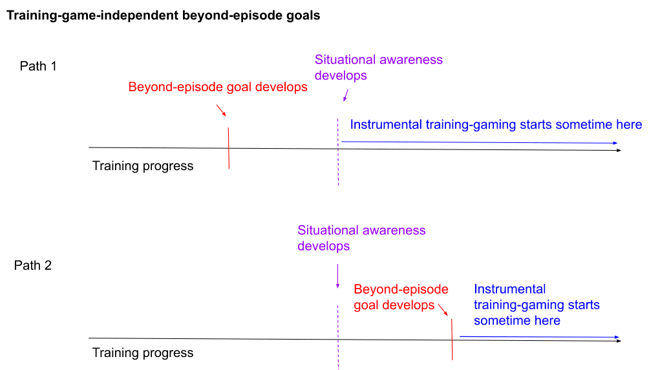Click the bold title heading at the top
coord(164,16)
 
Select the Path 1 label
coord(38,66)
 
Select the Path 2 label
coord(33,265)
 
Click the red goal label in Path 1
coord(218,87)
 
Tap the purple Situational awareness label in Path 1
coord(378,67)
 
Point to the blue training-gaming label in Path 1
coord(496,125)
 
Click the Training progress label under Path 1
coord(143,166)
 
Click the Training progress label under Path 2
coord(143,353)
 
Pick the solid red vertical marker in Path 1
coord(229,148)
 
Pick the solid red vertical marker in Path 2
coord(452,340)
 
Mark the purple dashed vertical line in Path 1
coord(338,152)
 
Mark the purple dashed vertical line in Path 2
coord(338,338)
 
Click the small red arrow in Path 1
coord(222,111)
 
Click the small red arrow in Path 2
coord(443,310)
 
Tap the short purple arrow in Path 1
coord(346,96)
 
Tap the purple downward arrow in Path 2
coord(337,276)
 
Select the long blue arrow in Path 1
coord(480,142)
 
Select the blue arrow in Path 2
coord(540,337)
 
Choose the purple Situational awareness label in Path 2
coord(361,238)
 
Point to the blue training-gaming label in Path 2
coord(537,305)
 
